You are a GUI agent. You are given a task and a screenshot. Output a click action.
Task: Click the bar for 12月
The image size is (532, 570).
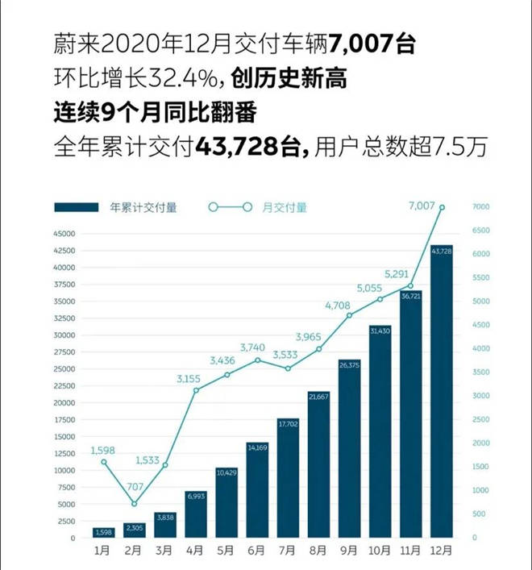441,391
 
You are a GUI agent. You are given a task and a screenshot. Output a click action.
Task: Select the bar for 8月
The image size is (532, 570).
318,464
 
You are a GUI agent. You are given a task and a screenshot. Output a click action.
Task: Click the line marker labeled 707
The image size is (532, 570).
134,504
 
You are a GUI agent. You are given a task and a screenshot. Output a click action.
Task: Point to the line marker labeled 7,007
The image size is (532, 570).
442,207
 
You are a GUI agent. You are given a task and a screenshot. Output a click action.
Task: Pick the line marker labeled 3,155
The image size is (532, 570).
195,390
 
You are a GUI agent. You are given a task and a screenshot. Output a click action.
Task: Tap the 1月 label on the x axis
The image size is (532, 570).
102,551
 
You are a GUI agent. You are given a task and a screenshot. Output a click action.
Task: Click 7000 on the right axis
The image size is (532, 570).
481,207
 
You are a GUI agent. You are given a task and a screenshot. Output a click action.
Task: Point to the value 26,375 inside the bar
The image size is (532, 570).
349,365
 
